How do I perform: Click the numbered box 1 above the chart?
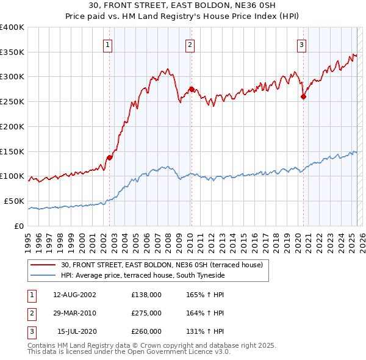pos(107,44)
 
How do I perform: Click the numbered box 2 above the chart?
pos(190,44)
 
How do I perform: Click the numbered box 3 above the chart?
pos(301,44)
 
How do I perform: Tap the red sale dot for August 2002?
pos(110,157)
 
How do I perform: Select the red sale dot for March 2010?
pos(192,89)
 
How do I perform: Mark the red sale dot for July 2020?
pos(303,96)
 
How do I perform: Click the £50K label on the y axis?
pos(13,201)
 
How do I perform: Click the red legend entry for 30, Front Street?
pos(162,265)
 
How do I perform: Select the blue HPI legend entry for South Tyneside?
pos(143,276)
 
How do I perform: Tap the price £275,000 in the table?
pos(146,314)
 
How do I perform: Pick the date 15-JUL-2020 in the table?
pos(76,332)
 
